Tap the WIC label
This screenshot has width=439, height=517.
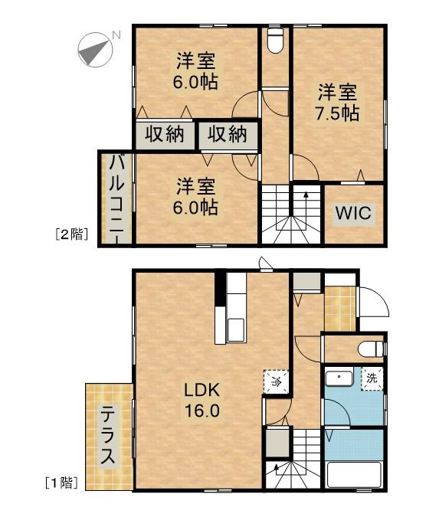[353, 214]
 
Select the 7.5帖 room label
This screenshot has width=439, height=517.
[338, 103]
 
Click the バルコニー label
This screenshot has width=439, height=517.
[116, 197]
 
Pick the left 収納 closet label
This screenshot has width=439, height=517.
[165, 135]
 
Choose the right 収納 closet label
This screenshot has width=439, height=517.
[228, 135]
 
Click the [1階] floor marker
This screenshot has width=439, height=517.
[61, 483]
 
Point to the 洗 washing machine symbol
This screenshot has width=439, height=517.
[372, 378]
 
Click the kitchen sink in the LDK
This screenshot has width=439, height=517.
[235, 330]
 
